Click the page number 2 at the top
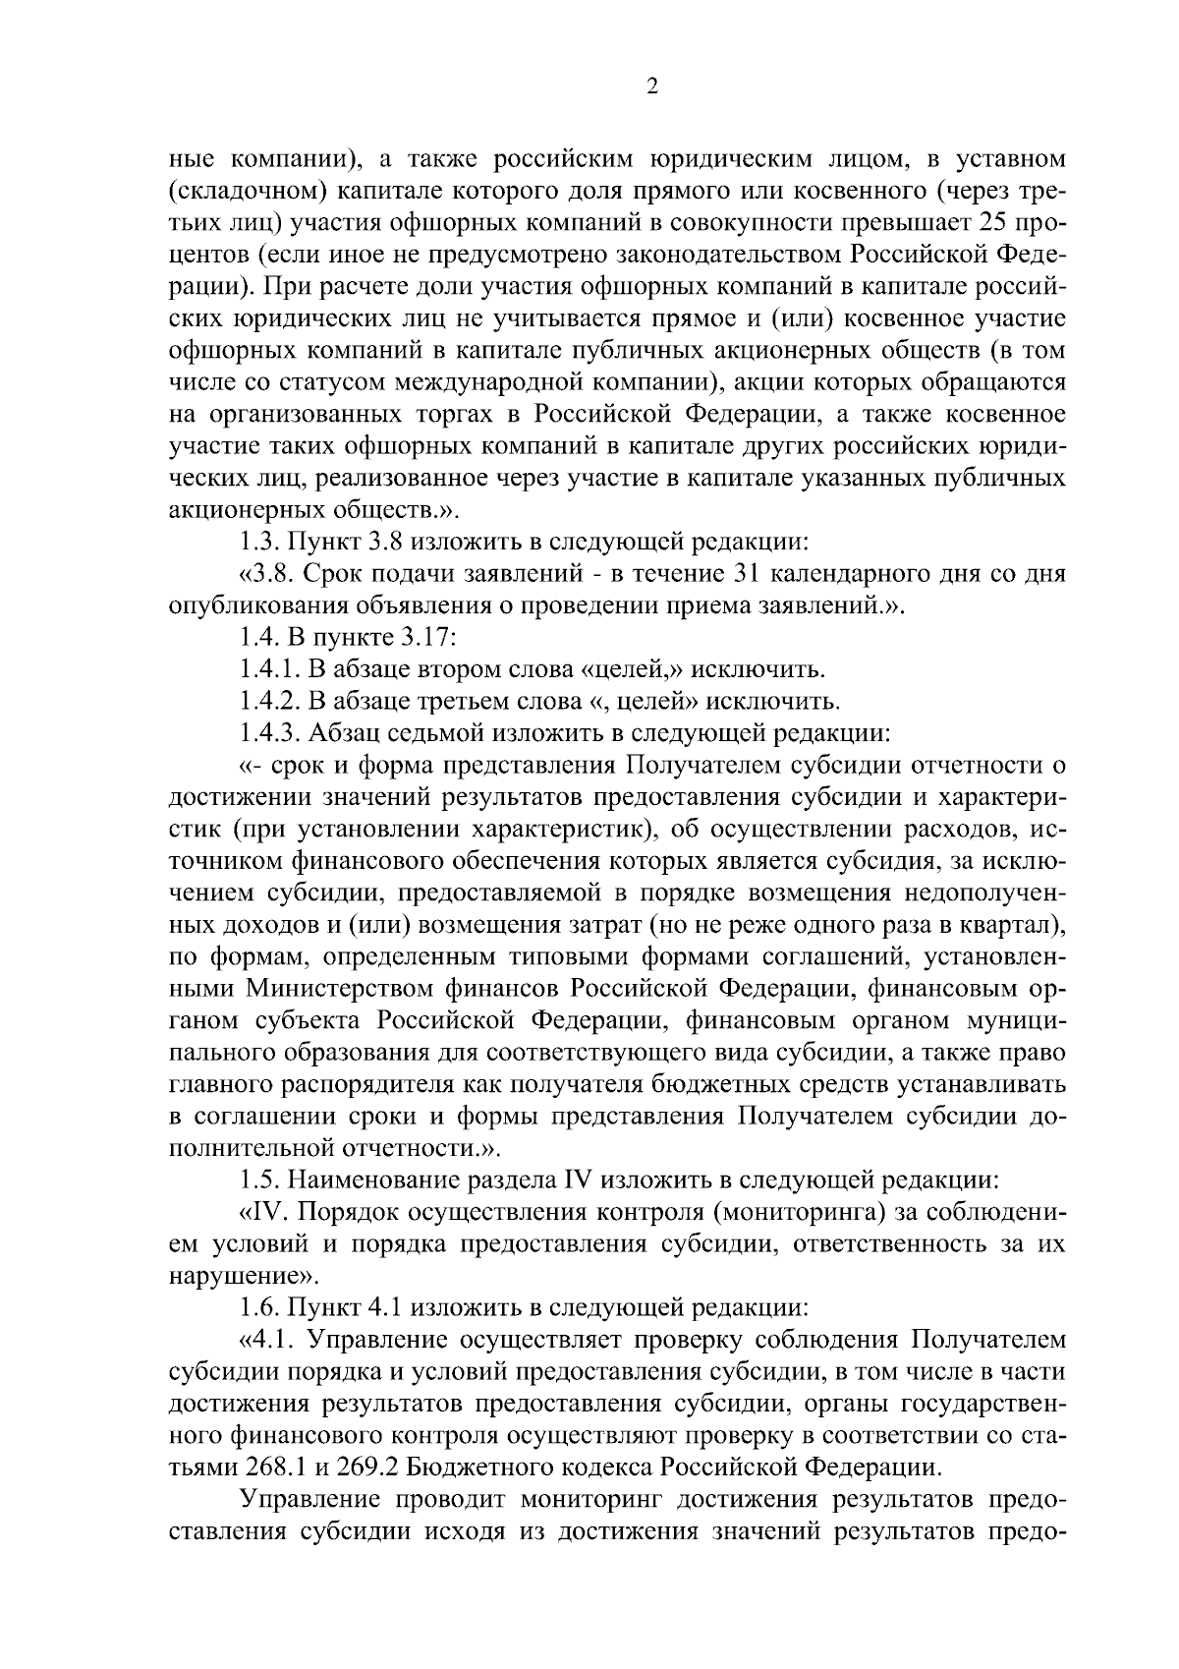652,86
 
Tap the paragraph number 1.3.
258,543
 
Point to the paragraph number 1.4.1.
270,670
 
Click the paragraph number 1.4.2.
270,702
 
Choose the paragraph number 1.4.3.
270,733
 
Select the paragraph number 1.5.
258,1179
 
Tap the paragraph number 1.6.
258,1307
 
